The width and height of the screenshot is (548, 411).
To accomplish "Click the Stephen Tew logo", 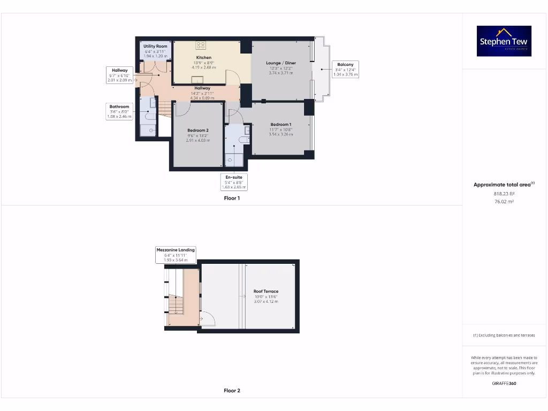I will click(x=504, y=41).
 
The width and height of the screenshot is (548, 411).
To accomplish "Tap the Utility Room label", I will click(x=155, y=47).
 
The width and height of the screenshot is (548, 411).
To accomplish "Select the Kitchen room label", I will click(x=204, y=57).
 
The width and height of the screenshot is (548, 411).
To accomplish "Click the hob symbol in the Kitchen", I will click(x=201, y=45).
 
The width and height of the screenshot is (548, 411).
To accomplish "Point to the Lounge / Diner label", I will click(x=281, y=63).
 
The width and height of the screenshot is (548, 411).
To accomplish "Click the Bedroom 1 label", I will click(x=280, y=125).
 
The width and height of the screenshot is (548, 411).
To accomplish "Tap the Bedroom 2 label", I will click(x=197, y=131).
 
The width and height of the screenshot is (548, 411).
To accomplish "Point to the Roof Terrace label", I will click(x=266, y=292).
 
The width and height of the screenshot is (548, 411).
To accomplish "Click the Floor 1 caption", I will click(x=232, y=198).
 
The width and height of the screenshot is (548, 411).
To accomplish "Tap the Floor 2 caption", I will click(x=232, y=391).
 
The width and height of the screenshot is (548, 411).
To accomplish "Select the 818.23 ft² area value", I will click(x=504, y=194).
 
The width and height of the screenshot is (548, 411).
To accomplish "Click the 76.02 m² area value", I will click(x=504, y=202).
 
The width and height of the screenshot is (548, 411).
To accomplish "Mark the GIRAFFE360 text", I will click(x=504, y=383).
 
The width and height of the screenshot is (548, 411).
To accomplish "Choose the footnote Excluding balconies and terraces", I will click(x=504, y=336).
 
